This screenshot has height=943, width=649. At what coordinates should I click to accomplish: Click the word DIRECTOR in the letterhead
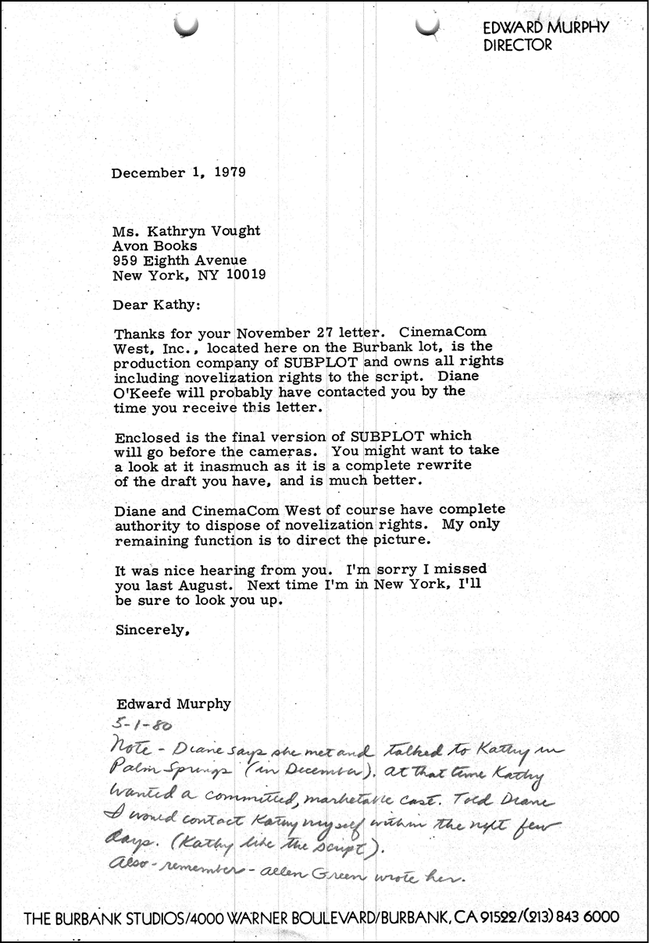tap(518, 45)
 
